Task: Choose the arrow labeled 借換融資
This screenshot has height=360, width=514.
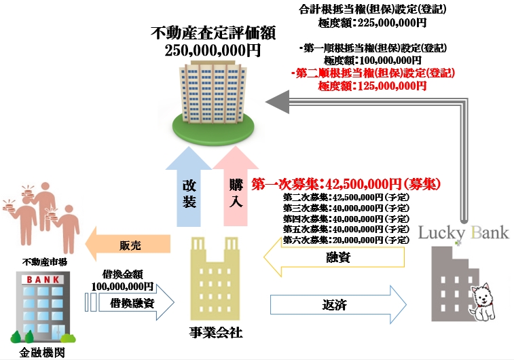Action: [x=129, y=303]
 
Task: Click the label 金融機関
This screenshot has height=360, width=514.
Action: [x=39, y=353]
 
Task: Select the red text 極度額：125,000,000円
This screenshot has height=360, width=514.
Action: [x=372, y=86]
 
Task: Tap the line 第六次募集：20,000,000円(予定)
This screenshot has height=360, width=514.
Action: [x=346, y=240]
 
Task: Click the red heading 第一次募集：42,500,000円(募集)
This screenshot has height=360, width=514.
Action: [x=346, y=183]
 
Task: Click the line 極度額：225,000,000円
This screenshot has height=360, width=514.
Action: [x=372, y=22]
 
